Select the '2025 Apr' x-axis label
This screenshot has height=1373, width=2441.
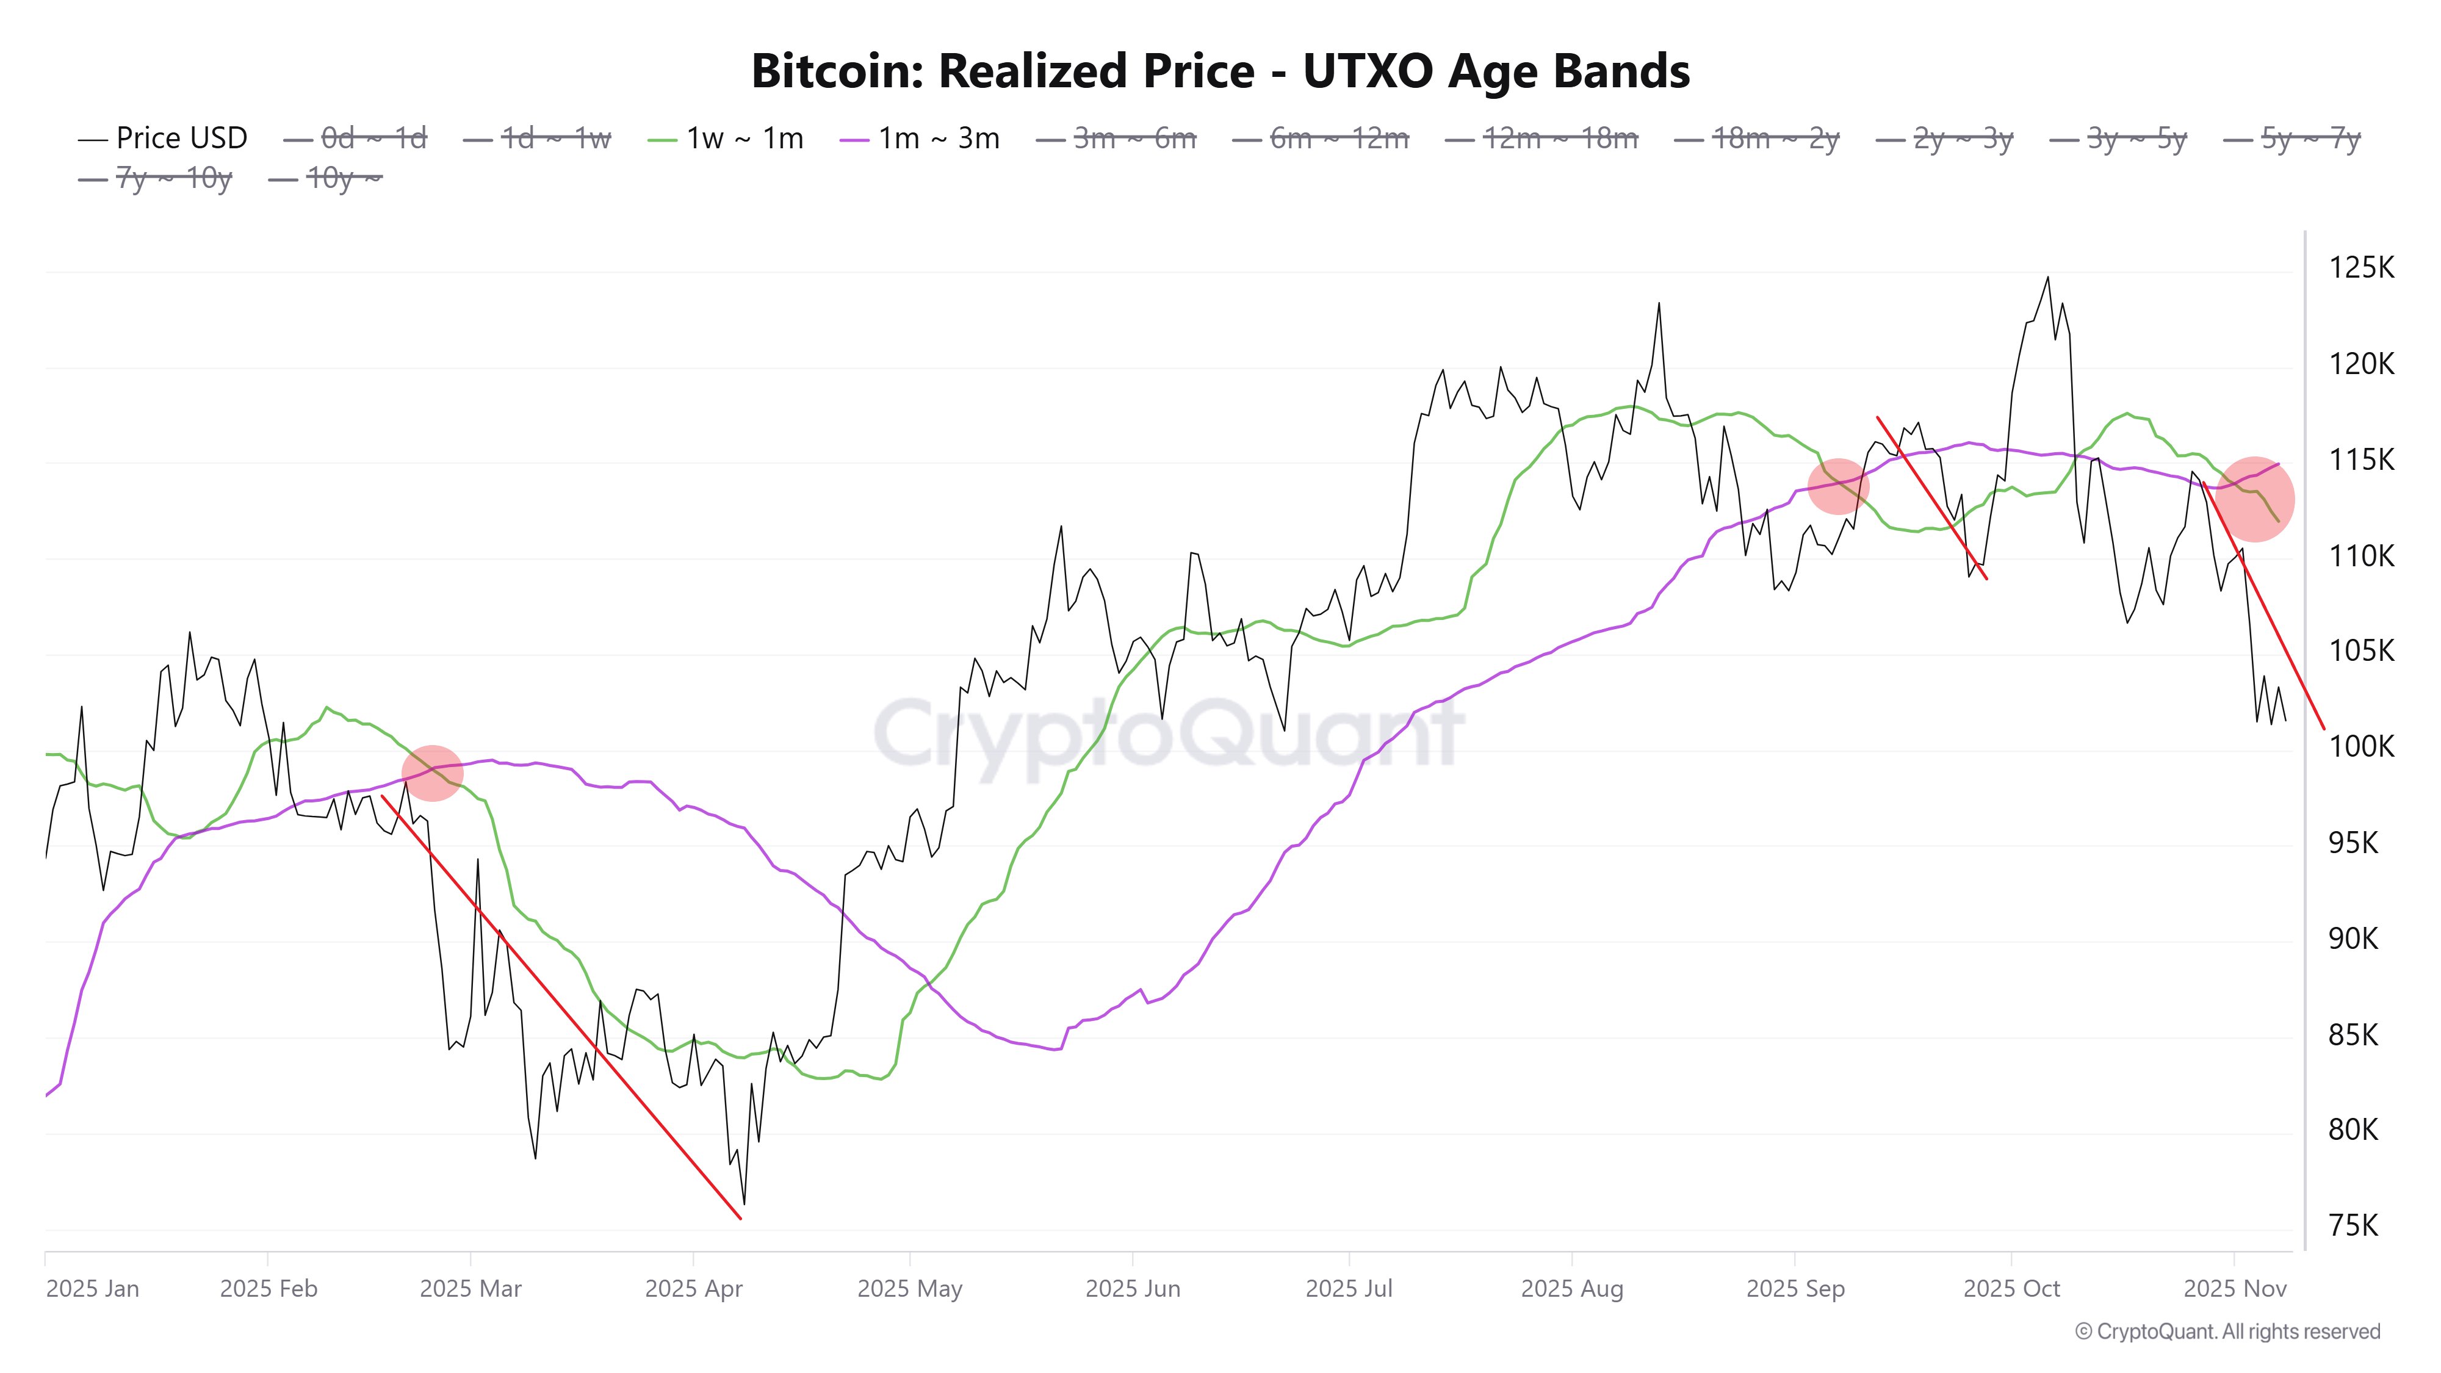pos(694,1289)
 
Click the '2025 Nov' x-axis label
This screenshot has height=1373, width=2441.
pos(2234,1289)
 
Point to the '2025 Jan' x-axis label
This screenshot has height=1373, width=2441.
pos(92,1289)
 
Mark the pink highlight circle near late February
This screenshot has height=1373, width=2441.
pos(432,773)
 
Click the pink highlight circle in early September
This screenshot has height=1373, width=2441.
pos(1837,486)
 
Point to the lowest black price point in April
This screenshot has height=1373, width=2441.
pos(744,1203)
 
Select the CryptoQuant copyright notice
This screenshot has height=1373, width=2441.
pos(2227,1332)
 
